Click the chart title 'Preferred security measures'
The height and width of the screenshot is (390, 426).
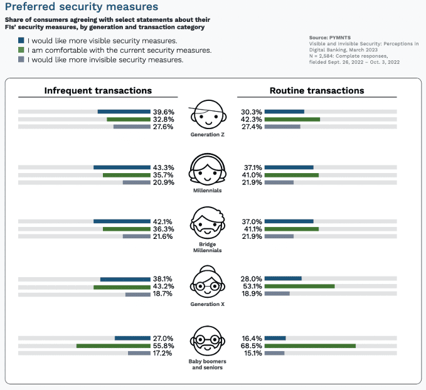click(x=81, y=8)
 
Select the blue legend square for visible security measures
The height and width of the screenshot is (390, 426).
click(x=21, y=40)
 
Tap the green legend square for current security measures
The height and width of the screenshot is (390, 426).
click(x=21, y=50)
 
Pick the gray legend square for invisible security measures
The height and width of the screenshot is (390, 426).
click(x=21, y=60)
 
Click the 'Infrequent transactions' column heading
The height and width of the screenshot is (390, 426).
click(x=98, y=90)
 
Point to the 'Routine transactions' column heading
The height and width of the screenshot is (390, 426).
click(x=317, y=90)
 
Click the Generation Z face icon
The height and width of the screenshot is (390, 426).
click(x=206, y=114)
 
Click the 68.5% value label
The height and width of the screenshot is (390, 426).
click(x=252, y=345)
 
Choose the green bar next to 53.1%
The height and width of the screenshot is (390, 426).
click(x=300, y=286)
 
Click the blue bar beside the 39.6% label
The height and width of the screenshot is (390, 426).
click(x=124, y=112)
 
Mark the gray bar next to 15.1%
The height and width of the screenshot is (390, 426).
click(x=275, y=353)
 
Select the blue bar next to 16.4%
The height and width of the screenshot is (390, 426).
click(x=276, y=338)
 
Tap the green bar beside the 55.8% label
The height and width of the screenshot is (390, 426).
click(x=113, y=345)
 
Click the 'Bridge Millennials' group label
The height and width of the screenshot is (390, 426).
click(x=207, y=247)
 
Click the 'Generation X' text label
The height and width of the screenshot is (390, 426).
click(x=207, y=305)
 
